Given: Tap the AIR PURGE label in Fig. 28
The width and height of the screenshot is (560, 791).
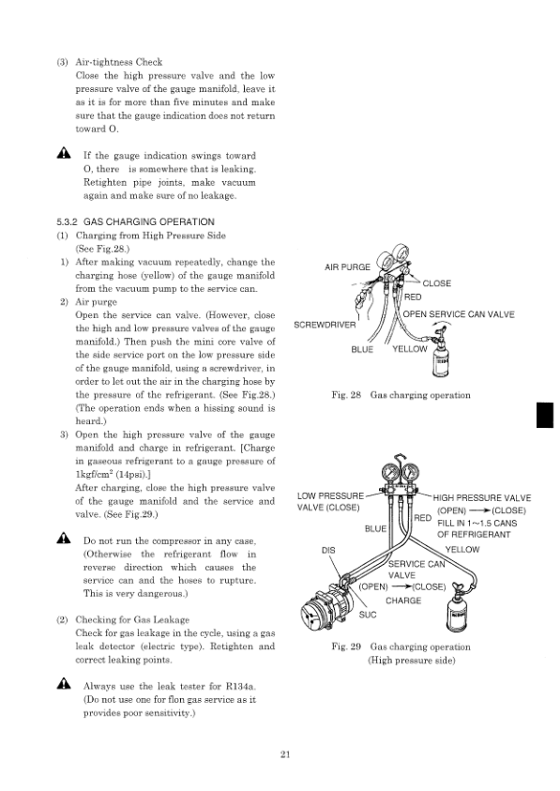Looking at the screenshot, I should [347, 267].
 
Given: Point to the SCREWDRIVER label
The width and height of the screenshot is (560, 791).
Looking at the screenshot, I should [324, 325].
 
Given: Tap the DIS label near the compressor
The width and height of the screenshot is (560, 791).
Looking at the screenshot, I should [328, 550].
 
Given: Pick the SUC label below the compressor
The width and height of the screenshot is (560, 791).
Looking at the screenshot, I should [369, 615].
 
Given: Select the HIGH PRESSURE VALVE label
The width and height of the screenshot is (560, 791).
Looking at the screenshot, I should [481, 497].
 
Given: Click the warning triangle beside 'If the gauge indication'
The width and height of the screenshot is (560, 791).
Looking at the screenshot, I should [63, 154].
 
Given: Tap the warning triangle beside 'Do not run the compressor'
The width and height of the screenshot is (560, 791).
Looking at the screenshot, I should [63, 540].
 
